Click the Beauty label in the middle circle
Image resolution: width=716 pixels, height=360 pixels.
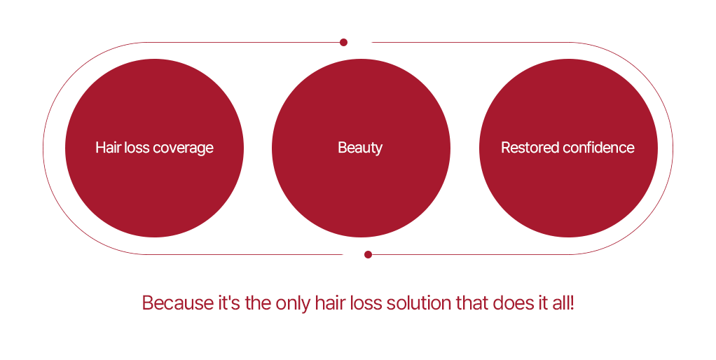click(x=360, y=148)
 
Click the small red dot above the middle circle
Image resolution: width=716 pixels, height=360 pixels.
click(x=343, y=43)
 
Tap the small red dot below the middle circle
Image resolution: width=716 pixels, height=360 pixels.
click(x=368, y=255)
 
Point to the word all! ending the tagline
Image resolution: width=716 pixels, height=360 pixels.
click(x=563, y=303)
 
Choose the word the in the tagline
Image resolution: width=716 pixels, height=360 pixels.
click(x=258, y=303)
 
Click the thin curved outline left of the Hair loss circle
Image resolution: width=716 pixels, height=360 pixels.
click(x=43, y=148)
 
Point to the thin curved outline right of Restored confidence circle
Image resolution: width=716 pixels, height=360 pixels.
click(x=673, y=148)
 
